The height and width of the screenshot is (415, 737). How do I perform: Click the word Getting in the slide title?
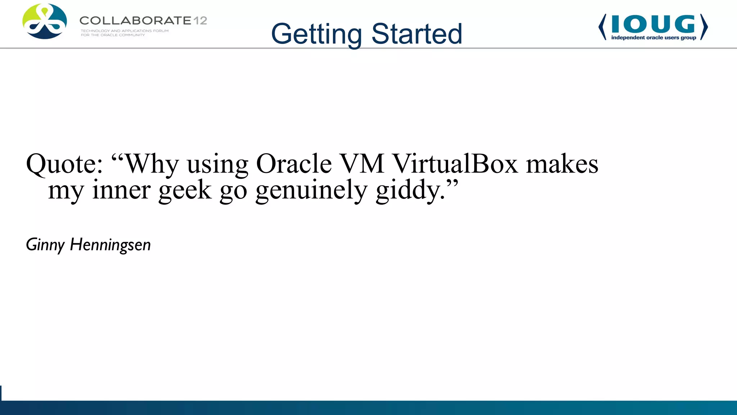(316, 34)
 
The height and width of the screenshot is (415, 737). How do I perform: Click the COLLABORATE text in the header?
(135, 21)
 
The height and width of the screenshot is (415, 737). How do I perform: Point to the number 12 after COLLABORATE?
(200, 21)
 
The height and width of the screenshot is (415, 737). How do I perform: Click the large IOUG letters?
(653, 24)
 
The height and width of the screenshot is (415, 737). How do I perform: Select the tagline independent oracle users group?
(654, 38)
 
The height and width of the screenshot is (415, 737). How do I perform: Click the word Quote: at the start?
(64, 164)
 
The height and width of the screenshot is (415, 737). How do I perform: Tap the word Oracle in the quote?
(293, 164)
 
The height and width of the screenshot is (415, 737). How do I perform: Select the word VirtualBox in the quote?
(455, 164)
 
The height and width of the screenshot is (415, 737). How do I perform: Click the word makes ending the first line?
(562, 164)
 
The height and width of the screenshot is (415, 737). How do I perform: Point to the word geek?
(185, 190)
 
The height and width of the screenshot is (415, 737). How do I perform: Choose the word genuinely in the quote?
(311, 190)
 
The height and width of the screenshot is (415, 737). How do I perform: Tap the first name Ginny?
(45, 245)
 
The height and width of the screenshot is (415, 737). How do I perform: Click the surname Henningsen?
(110, 245)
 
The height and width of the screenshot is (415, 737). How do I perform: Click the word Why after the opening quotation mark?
(152, 164)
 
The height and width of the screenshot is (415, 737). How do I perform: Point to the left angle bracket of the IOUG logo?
(602, 27)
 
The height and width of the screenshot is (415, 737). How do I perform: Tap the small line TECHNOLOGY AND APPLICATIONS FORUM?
(125, 31)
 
